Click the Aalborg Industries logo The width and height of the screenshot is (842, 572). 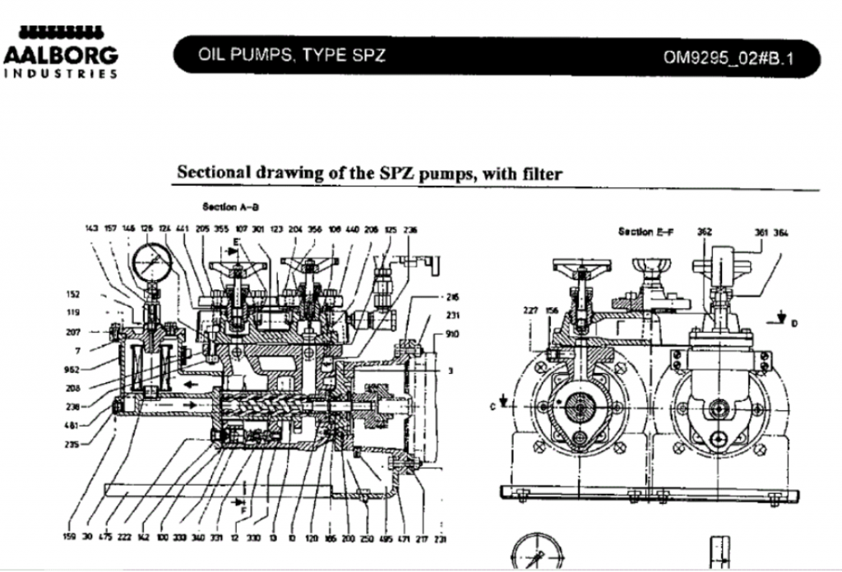point(59,51)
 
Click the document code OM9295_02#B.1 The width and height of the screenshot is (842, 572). point(732,58)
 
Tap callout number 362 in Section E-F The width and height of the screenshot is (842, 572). point(704,232)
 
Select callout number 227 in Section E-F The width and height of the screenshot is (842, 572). point(530,311)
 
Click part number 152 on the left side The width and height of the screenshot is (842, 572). point(72,293)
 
